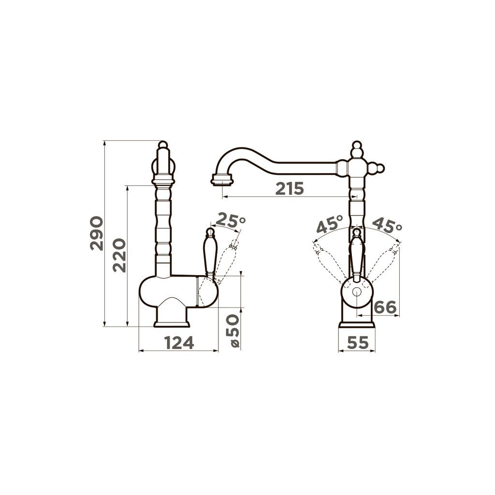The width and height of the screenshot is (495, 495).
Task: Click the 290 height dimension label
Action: [x=97, y=233]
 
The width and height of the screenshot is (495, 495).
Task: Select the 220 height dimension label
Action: [x=120, y=255]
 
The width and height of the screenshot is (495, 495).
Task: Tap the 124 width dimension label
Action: [x=179, y=343]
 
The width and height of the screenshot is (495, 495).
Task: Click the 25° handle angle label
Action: [x=231, y=220]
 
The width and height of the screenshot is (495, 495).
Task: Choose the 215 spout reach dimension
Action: [x=290, y=189]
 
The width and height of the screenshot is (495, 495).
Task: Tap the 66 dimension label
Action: [x=385, y=307]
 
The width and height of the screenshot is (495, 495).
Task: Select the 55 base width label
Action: [x=358, y=343]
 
